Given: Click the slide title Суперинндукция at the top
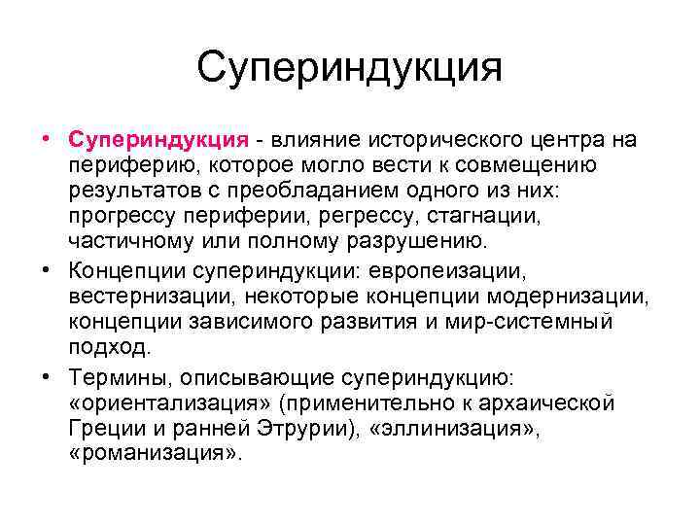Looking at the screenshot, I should (x=349, y=69).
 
